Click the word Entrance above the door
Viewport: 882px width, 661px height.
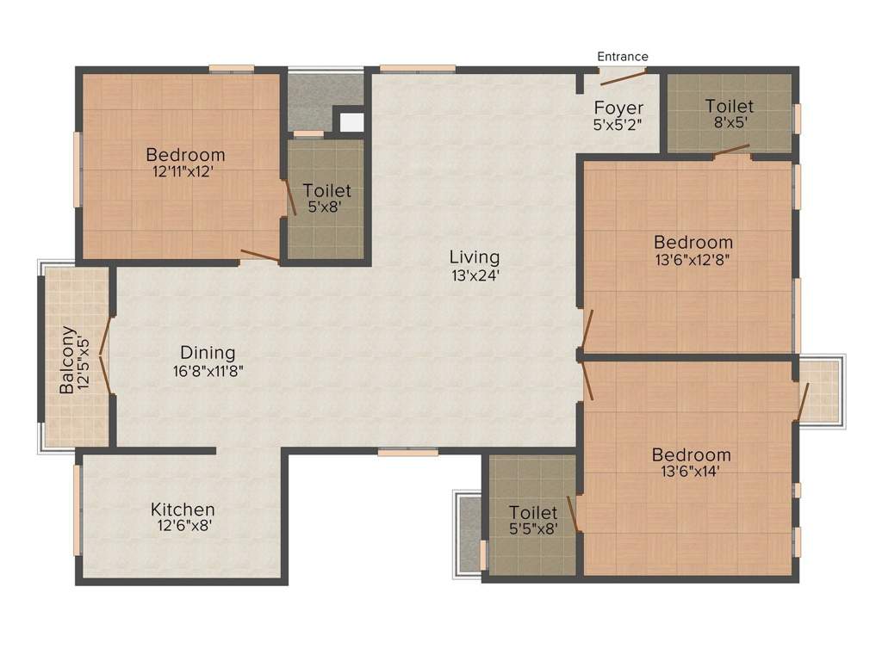point(623,57)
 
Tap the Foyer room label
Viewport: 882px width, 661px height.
point(618,108)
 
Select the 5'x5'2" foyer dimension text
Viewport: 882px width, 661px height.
point(618,124)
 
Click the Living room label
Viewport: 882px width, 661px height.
point(474,257)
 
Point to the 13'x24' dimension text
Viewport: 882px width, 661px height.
point(474,275)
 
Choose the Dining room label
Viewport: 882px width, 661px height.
point(208,353)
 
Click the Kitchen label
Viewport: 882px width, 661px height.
point(183,510)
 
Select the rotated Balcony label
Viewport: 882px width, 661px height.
point(67,360)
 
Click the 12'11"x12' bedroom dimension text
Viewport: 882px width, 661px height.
point(185,171)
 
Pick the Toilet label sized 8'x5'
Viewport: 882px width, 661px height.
point(730,106)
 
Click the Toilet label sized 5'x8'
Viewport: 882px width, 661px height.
point(326,191)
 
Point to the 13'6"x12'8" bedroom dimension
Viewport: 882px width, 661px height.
point(693,259)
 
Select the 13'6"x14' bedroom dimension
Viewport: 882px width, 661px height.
point(691,472)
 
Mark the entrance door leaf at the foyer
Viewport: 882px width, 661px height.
point(623,78)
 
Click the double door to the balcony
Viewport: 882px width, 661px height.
point(105,354)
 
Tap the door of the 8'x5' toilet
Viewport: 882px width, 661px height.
point(731,151)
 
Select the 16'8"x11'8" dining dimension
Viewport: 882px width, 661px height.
point(208,371)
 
